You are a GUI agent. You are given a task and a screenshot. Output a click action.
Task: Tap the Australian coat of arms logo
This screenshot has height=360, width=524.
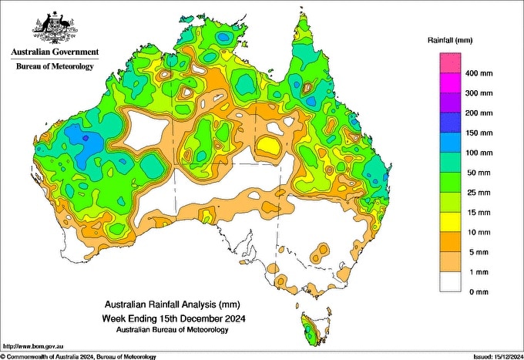pos(53,27)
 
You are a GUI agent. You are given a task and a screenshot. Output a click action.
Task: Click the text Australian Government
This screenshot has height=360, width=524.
pos(54,52)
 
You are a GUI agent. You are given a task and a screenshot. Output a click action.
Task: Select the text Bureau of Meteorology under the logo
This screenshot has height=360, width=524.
pos(54,66)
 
